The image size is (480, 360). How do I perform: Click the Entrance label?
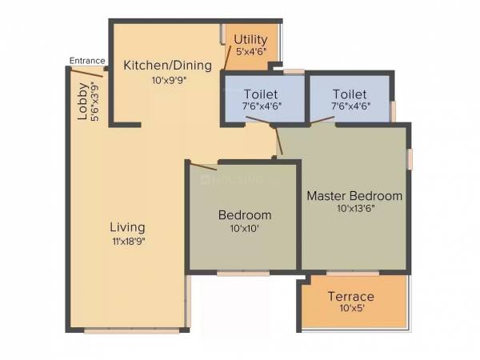(x=86, y=60)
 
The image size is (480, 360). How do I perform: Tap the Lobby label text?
(x=82, y=102)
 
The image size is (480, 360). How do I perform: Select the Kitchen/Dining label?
(x=167, y=65)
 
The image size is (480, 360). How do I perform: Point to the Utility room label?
(x=250, y=39)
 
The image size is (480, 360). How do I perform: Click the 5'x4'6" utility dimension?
(x=250, y=52)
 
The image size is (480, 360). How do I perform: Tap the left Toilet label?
(x=262, y=94)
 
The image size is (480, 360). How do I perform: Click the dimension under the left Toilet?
(x=262, y=106)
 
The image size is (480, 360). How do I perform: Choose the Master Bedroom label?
(x=354, y=195)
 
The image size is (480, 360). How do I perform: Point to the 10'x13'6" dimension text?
(x=354, y=208)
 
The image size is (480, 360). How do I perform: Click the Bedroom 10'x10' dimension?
(x=244, y=228)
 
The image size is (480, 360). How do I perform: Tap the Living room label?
(x=127, y=226)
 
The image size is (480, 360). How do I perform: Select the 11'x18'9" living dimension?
(x=127, y=240)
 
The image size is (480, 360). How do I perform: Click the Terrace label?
(x=350, y=297)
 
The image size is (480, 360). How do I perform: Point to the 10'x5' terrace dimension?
(x=350, y=310)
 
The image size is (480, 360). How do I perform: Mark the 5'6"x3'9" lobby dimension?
(x=95, y=102)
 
